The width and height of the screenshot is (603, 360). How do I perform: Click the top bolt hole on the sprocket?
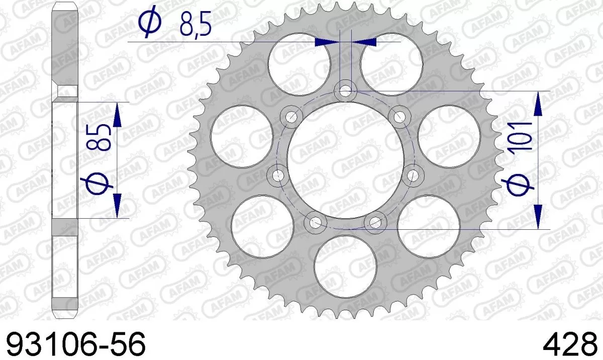(x=345, y=92)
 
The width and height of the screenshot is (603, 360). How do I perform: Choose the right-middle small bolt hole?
(x=413, y=175)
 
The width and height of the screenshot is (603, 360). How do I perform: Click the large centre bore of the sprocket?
(x=345, y=161)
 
